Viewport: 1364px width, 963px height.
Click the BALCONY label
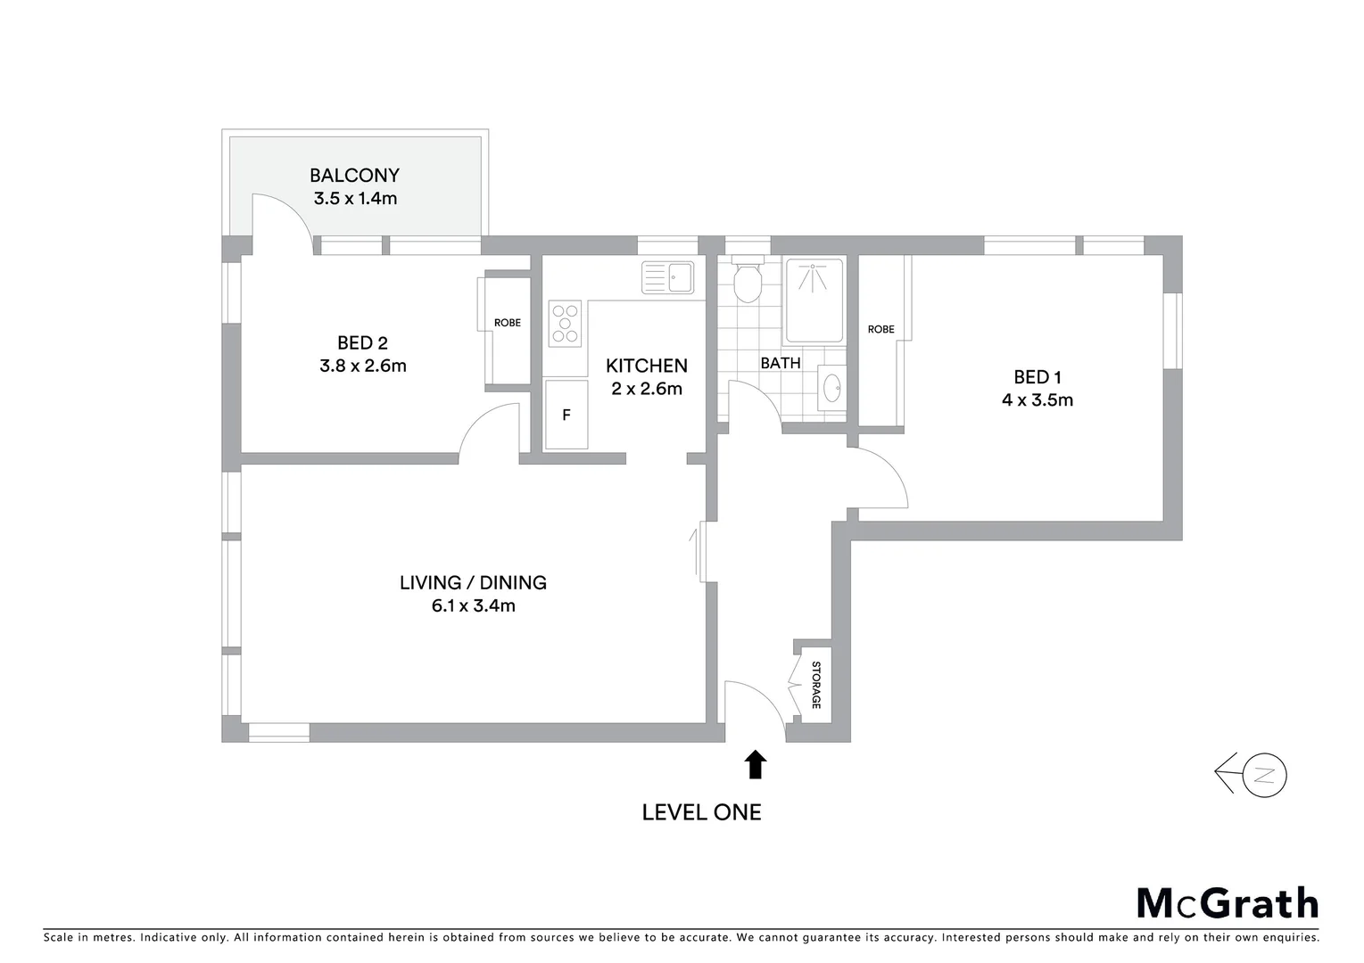point(354,176)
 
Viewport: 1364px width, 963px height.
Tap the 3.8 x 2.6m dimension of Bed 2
point(363,366)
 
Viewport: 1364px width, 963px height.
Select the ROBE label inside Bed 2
point(508,323)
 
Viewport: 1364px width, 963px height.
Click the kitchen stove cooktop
point(565,324)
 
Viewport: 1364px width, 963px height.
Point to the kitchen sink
point(667,276)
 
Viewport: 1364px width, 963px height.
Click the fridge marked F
point(566,416)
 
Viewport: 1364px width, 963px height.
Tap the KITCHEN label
point(647,366)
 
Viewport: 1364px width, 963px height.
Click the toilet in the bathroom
point(746,281)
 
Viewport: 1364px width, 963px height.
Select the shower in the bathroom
point(813,300)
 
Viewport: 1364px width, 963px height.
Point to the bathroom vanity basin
point(832,389)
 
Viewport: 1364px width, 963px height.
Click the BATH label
point(781,363)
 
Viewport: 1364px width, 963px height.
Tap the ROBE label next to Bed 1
point(880,330)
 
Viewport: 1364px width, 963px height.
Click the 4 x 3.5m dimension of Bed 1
point(1037,400)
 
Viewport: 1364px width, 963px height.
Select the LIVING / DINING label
point(473,583)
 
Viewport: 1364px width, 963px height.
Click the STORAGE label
point(815,685)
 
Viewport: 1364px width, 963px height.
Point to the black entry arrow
point(756,764)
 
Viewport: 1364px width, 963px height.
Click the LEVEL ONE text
point(702,812)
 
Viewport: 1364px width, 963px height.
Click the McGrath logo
point(1228,903)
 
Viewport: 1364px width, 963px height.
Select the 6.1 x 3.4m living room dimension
point(473,606)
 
